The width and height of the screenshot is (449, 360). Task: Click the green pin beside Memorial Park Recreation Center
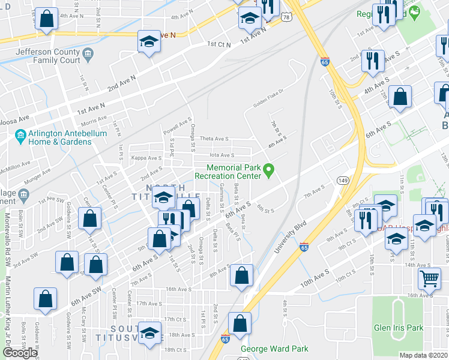(269, 172)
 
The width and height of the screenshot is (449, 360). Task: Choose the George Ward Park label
(274, 349)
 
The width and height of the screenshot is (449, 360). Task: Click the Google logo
(20, 353)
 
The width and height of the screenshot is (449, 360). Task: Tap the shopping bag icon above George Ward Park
(239, 322)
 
